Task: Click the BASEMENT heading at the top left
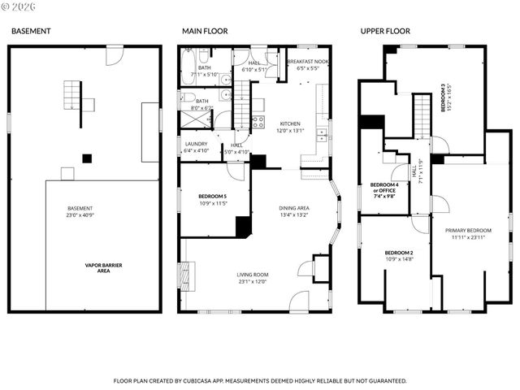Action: (x=30, y=31)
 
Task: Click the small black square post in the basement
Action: (x=85, y=158)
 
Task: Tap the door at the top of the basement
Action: (x=115, y=54)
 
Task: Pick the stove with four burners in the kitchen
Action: (x=258, y=123)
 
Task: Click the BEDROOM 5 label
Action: (x=214, y=196)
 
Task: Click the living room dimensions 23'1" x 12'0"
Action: (x=252, y=282)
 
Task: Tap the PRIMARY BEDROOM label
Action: (x=469, y=231)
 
